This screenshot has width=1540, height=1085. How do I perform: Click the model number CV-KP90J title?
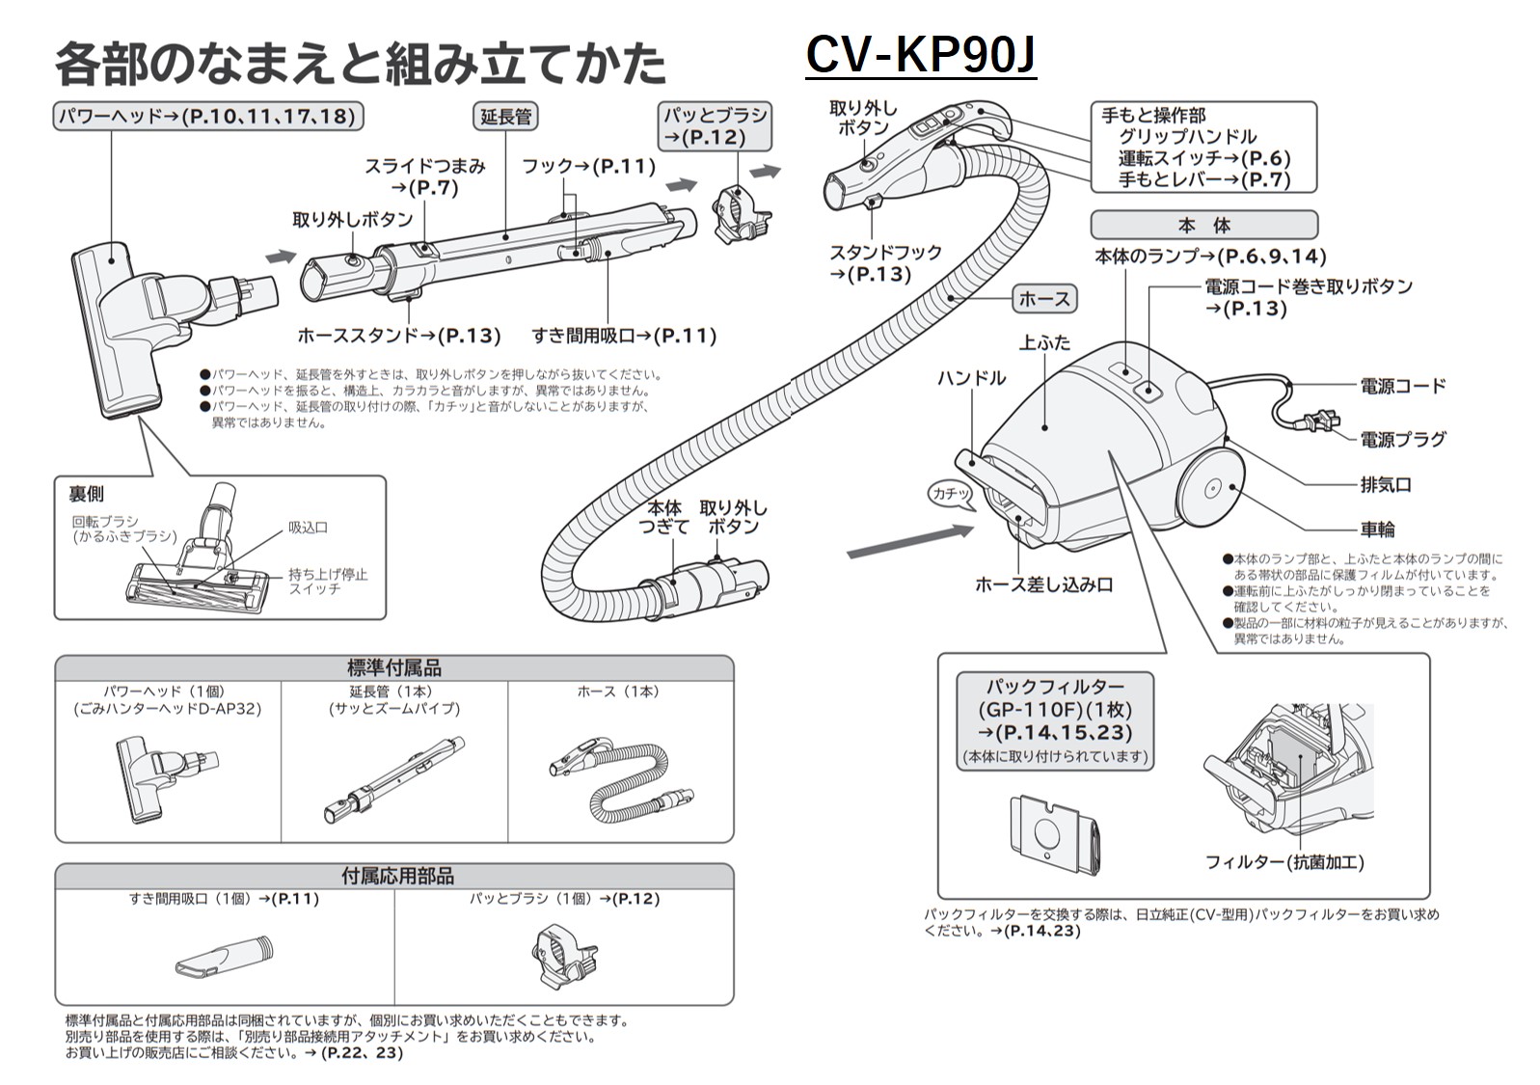pyautogui.click(x=920, y=55)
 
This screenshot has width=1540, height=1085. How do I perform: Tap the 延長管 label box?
pyautogui.click(x=506, y=117)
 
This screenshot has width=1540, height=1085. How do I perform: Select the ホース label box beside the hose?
pyautogui.click(x=1044, y=299)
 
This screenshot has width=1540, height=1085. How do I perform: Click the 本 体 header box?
pyautogui.click(x=1203, y=226)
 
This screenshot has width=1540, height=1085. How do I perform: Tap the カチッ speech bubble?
pyautogui.click(x=951, y=493)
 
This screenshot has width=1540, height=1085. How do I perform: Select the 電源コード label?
pyautogui.click(x=1403, y=387)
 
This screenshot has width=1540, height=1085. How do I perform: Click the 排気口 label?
pyautogui.click(x=1386, y=484)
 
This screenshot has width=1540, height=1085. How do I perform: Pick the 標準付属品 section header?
pyautogui.click(x=393, y=667)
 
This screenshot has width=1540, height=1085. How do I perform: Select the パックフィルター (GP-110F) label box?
pyautogui.click(x=1055, y=720)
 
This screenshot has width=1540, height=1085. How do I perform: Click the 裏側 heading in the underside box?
pyautogui.click(x=86, y=494)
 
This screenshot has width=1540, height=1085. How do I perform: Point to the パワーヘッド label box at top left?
pyautogui.click(x=207, y=117)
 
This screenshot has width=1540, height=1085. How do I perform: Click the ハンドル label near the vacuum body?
pyautogui.click(x=970, y=378)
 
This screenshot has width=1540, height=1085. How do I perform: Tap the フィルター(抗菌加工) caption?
pyautogui.click(x=1284, y=862)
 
